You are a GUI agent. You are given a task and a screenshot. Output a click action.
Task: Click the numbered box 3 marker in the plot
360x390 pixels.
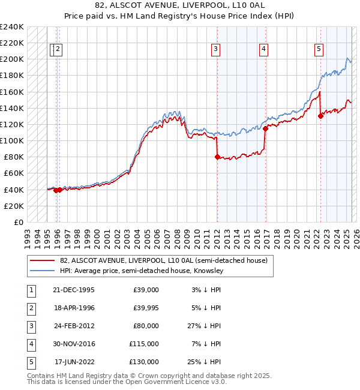click(x=215, y=50)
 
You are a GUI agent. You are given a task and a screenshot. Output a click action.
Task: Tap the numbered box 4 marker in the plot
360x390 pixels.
click(x=263, y=50)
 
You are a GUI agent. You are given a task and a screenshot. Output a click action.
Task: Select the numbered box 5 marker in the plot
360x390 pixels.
click(x=319, y=50)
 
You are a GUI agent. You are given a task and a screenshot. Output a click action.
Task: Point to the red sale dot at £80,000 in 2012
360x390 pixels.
click(x=217, y=157)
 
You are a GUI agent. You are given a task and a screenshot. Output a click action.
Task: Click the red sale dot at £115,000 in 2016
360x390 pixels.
click(x=265, y=128)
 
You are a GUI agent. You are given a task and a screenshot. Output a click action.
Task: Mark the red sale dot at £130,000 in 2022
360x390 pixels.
click(x=320, y=116)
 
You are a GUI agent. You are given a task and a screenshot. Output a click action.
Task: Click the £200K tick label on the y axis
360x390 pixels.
click(x=12, y=59)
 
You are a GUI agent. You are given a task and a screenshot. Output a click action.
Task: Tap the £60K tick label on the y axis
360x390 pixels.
click(x=14, y=173)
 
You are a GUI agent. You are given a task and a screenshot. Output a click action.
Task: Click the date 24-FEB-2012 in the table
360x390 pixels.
click(x=74, y=326)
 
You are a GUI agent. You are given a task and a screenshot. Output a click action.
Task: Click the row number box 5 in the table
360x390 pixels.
click(x=31, y=362)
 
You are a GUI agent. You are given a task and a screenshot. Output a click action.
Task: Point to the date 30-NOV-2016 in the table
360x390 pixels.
click(x=74, y=344)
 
